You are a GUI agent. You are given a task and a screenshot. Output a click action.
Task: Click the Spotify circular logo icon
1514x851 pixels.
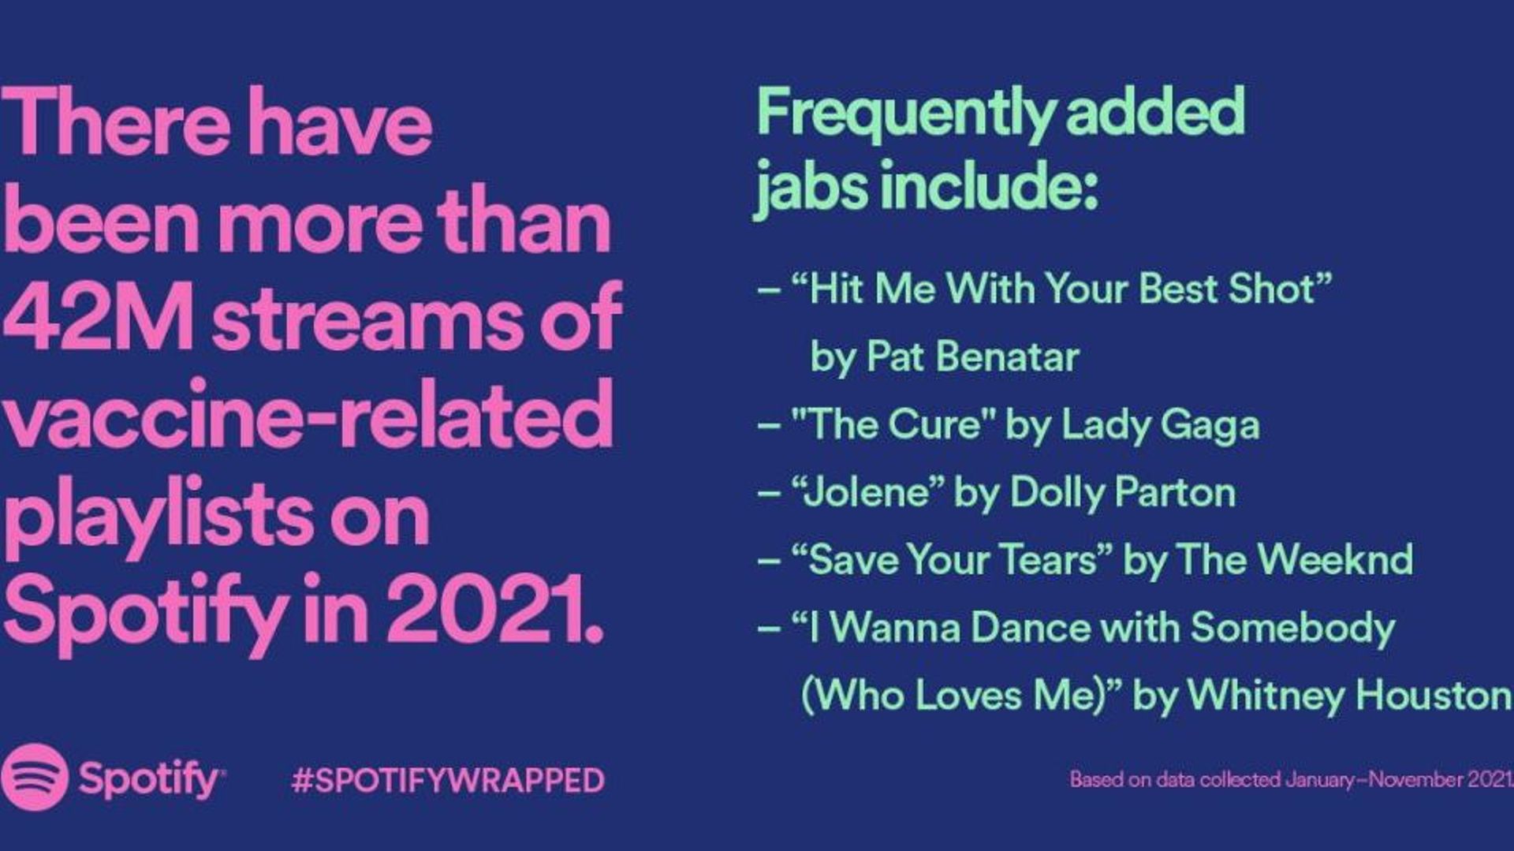34,777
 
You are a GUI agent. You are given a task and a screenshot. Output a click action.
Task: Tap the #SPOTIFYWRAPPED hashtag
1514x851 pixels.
448,780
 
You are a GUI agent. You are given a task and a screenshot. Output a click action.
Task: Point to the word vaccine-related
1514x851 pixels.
308,414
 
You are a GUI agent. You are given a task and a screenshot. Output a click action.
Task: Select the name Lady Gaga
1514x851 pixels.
1160,426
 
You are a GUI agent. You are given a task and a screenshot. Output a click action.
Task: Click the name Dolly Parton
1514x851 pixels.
1123,492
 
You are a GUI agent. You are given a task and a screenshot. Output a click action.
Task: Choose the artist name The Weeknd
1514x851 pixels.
1296,559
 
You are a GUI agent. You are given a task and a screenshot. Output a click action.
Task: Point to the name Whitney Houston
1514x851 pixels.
1349,695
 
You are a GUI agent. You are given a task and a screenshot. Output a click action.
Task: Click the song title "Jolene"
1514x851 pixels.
868,492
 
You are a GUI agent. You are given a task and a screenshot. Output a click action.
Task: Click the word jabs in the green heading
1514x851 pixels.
811,186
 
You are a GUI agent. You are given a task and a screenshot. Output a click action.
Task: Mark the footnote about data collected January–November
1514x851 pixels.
1291,779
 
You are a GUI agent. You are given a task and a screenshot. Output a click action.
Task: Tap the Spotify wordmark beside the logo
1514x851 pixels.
151,779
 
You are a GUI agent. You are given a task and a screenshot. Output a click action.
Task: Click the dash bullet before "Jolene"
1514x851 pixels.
769,494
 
